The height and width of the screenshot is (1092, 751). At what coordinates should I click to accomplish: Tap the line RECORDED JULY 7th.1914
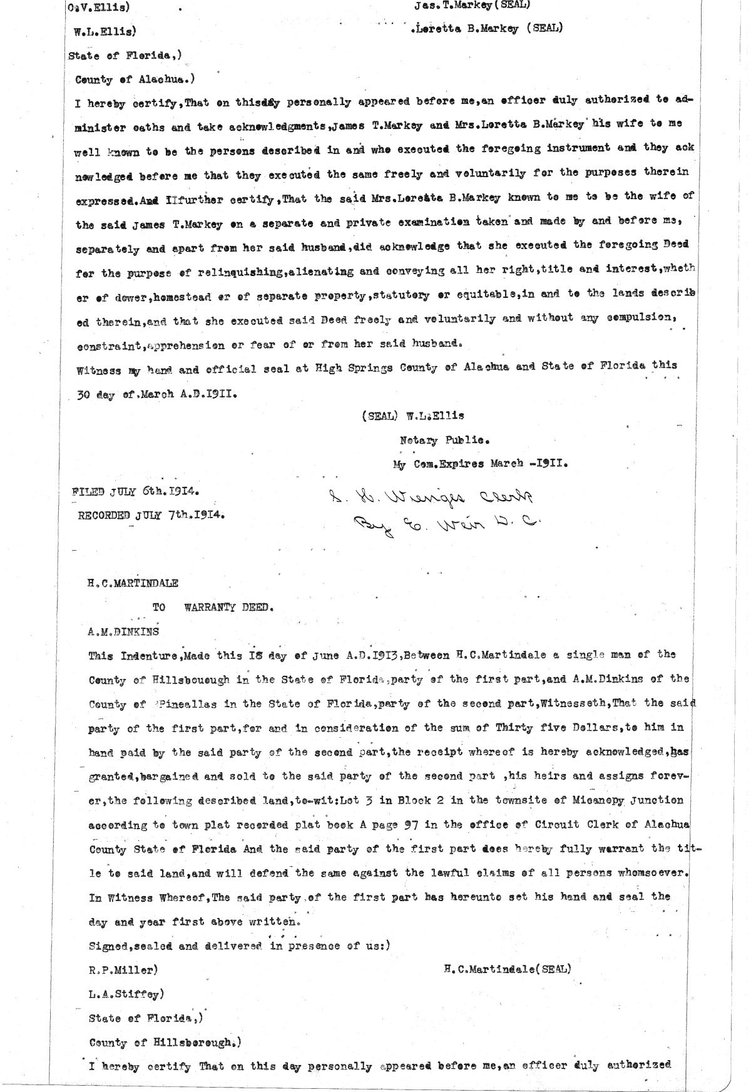(x=150, y=516)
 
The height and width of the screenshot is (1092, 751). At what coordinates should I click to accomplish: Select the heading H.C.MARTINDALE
(x=133, y=583)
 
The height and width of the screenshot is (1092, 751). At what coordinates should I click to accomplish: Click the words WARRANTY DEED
(x=229, y=607)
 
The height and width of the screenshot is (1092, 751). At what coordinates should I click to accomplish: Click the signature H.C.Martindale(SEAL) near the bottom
(x=507, y=969)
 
